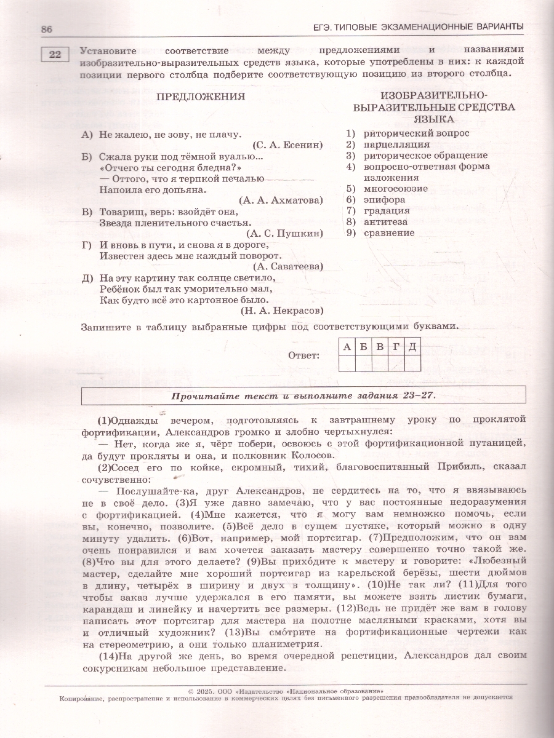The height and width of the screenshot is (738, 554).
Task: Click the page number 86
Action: (47, 29)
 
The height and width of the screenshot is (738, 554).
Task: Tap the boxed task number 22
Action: (55, 55)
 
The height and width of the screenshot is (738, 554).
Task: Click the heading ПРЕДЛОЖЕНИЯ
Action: (201, 97)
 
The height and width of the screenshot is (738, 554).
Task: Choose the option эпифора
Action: (384, 200)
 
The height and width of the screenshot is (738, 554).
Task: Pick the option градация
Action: (386, 211)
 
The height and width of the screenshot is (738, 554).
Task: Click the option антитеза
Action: (385, 222)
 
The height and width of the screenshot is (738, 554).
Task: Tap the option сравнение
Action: (389, 233)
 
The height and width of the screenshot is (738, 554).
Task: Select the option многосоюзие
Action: (395, 189)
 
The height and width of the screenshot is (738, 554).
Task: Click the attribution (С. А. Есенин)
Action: (287, 145)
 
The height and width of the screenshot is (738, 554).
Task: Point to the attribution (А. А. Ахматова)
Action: (280, 200)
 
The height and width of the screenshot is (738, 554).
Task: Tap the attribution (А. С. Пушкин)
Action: (284, 234)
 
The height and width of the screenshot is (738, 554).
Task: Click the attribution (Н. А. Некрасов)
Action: (282, 311)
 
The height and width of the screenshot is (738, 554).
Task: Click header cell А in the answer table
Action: (347, 347)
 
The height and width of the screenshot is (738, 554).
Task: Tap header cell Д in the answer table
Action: (412, 347)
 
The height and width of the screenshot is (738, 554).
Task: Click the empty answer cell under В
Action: (379, 363)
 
